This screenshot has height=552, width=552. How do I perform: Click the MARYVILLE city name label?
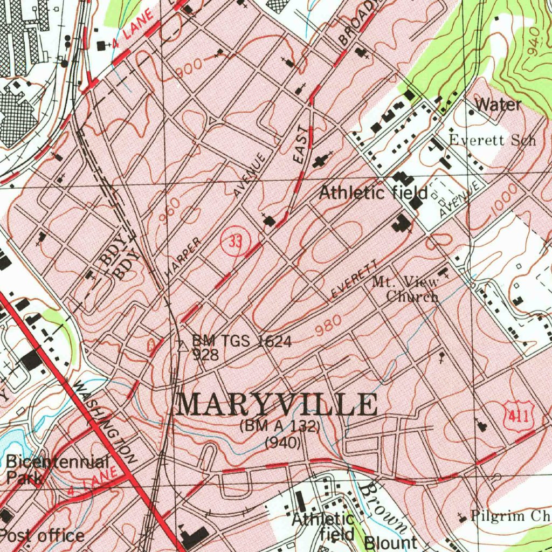coord(277,405)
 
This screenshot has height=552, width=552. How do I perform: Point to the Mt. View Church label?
coord(405,288)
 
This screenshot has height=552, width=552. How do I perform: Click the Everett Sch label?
coord(492,140)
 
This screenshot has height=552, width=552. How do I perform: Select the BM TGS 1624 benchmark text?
coord(242,341)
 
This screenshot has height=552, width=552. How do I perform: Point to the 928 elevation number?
coord(205,355)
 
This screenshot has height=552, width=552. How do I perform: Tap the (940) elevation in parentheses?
coord(282,444)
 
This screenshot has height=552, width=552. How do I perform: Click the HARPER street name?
coord(183,258)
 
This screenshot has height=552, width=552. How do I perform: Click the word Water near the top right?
coord(499,105)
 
